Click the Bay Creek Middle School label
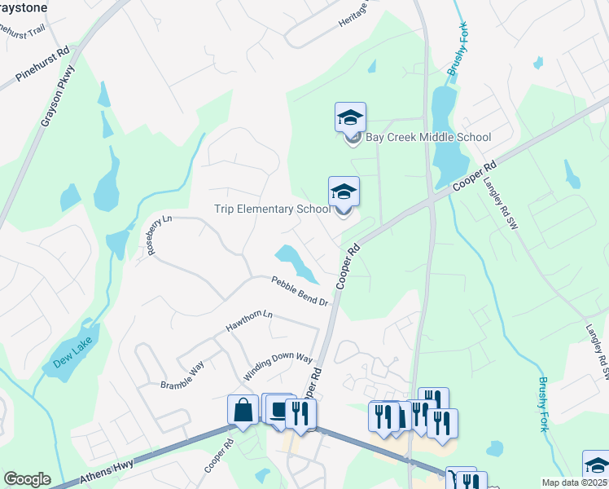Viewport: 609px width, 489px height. click(428, 137)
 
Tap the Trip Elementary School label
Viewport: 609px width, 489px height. click(272, 209)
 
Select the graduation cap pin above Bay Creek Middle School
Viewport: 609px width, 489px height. click(350, 117)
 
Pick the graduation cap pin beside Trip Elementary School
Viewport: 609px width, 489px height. click(344, 192)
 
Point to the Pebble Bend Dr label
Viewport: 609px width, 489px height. click(299, 291)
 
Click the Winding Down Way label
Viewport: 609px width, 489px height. click(278, 368)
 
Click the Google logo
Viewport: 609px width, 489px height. click(27, 479)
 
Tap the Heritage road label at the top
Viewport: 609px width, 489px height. click(354, 15)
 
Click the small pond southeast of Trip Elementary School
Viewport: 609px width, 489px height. click(295, 262)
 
